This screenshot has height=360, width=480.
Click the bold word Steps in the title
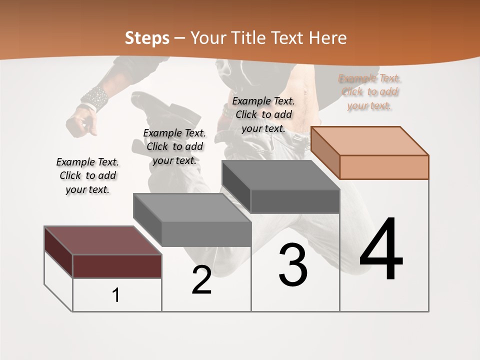(147, 38)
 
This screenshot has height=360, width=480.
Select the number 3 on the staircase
(293, 265)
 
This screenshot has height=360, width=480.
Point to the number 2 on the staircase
(202, 280)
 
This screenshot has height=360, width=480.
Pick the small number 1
(116, 295)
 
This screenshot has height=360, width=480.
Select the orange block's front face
(384, 167)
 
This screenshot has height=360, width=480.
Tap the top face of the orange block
(369, 140)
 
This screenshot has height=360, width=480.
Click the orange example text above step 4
(369, 92)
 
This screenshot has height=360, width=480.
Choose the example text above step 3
(264, 114)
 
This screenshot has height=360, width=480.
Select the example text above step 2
(174, 146)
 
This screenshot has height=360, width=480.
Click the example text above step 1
(87, 175)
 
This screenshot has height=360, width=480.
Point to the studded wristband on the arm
(94, 98)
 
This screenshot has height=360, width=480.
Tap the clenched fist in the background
(82, 123)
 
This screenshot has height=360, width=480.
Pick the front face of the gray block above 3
(295, 201)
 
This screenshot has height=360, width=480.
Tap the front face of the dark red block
(117, 266)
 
